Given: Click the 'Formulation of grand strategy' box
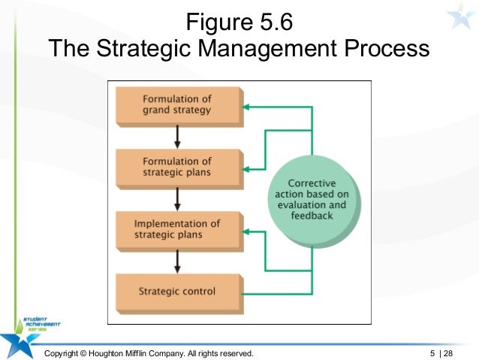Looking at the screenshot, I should (x=177, y=105).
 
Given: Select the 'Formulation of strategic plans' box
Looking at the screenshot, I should (x=177, y=167).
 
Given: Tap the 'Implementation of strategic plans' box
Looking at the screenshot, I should (x=177, y=228).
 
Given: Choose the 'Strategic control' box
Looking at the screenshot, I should (x=177, y=291).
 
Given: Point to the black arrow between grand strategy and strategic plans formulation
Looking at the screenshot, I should (x=177, y=136).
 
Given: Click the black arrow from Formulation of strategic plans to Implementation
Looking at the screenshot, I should (x=177, y=198).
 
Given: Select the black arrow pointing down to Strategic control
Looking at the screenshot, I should (x=177, y=260).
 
